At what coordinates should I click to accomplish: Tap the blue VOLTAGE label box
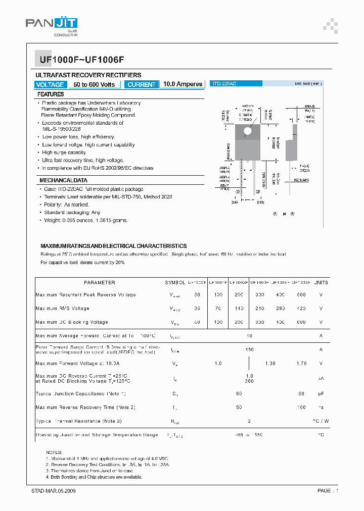50,85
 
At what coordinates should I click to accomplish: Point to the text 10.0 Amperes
183,84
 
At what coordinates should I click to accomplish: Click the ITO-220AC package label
225,84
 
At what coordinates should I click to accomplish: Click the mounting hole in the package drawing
248,131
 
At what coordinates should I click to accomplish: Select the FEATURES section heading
51,94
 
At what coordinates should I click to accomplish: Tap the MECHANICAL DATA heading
63,180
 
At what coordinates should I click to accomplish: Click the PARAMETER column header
99,283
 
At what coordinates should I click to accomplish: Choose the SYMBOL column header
175,283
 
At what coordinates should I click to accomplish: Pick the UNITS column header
321,283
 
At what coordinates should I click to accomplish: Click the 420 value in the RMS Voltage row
301,309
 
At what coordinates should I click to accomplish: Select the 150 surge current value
249,349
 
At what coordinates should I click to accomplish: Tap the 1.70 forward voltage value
301,363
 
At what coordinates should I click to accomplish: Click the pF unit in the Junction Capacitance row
321,393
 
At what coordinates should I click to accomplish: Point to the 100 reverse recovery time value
301,407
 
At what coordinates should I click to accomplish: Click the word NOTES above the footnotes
54,452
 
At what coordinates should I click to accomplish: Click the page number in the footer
328,491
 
